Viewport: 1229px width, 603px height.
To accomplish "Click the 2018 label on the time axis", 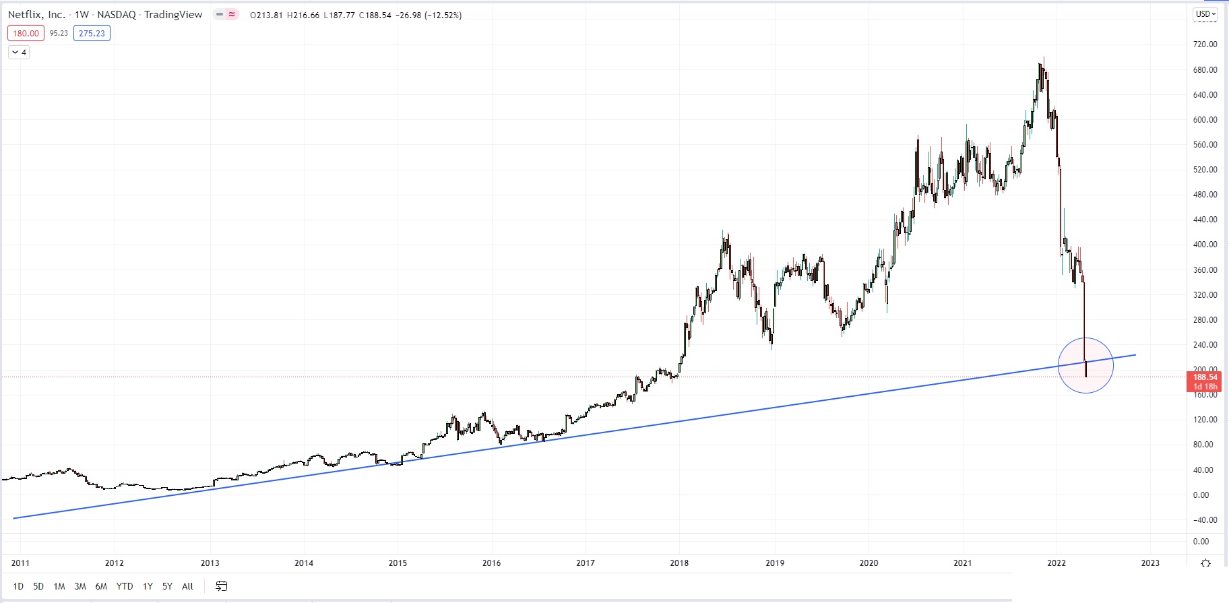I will [679, 563].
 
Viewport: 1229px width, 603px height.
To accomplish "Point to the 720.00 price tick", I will [1205, 44].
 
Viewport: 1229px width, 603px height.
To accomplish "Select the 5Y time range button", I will [167, 586].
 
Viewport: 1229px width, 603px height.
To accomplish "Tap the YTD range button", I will [125, 586].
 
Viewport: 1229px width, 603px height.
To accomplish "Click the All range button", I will [187, 586].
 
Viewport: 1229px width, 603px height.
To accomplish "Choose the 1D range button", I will [18, 586].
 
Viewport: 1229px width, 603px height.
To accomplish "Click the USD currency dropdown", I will [1205, 14].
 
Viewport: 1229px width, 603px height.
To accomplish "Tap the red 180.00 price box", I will [26, 33].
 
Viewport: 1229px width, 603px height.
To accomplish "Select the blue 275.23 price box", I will [92, 33].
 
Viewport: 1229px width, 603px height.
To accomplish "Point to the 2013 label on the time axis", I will [210, 563].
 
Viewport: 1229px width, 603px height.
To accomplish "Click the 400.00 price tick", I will [1205, 245].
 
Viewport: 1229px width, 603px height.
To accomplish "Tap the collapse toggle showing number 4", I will [19, 53].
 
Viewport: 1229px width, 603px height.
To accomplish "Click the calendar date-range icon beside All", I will [221, 586].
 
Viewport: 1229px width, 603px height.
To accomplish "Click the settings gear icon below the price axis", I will [1205, 563].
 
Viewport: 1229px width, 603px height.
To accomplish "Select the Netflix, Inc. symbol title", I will [36, 15].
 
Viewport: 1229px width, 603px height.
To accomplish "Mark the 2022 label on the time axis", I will [1057, 563].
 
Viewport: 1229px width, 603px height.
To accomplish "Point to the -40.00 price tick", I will [1205, 520].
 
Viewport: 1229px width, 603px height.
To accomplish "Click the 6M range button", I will [101, 586].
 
